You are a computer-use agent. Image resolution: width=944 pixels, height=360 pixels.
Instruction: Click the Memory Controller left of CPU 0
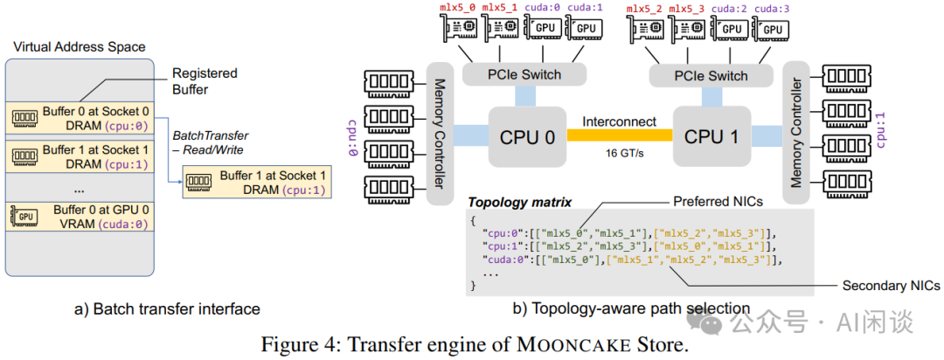[x=441, y=132]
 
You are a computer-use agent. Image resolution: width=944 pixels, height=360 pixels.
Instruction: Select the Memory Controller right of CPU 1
[x=795, y=132]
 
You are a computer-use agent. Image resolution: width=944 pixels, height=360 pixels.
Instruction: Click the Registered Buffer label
[x=205, y=81]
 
